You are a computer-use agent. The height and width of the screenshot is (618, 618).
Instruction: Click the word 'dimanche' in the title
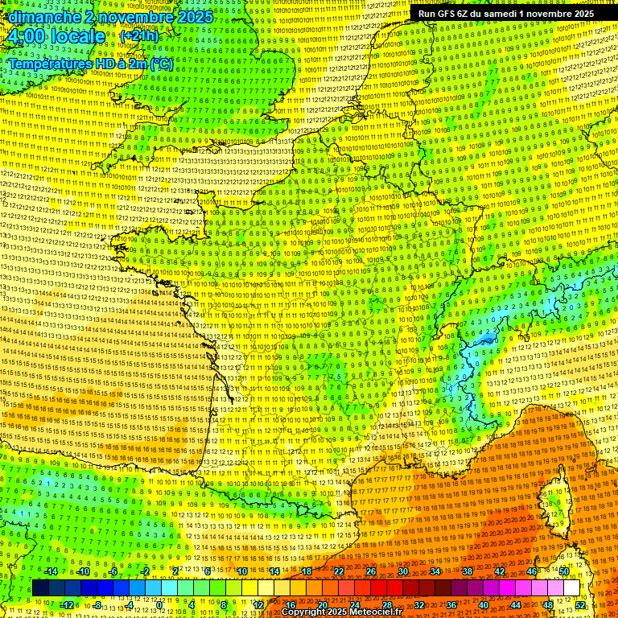[x=41, y=17]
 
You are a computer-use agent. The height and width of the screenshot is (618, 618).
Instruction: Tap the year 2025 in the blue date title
[x=195, y=17]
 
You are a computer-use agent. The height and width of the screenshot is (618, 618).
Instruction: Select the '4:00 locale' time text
[x=56, y=36]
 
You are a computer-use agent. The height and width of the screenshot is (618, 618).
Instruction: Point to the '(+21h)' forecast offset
[x=139, y=36]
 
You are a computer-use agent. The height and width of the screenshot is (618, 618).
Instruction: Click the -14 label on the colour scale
[x=51, y=571]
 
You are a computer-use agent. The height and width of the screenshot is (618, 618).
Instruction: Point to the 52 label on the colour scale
[x=581, y=604]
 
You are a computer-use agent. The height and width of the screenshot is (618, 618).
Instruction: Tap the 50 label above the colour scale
[x=564, y=571]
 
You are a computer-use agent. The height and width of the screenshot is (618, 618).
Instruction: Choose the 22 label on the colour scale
[x=339, y=571]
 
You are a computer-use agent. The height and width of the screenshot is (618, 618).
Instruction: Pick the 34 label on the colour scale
[x=435, y=571]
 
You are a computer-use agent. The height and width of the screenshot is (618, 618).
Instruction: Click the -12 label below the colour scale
[x=67, y=604]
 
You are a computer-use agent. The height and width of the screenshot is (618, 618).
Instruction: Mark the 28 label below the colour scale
[x=387, y=604]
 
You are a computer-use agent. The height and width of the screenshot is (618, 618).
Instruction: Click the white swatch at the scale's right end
[x=571, y=588]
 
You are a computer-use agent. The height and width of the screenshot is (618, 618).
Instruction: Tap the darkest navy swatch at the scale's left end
[x=40, y=588]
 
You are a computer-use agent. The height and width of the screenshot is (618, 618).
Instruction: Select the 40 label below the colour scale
[x=484, y=604]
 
